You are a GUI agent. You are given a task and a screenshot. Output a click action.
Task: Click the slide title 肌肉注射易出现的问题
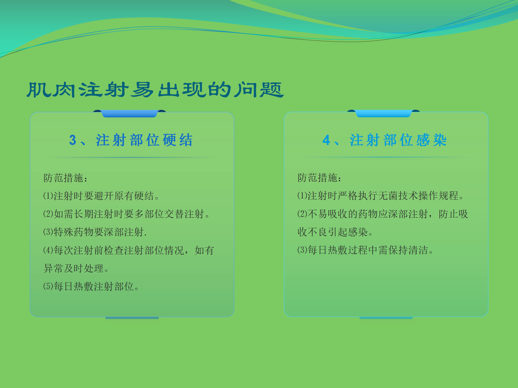pyautogui.click(x=155, y=90)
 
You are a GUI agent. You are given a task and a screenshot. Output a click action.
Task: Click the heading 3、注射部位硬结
pyautogui.click(x=131, y=140)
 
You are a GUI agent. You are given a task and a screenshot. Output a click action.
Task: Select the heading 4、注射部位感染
pyautogui.click(x=385, y=140)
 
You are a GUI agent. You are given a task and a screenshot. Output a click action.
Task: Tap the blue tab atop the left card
pyautogui.click(x=129, y=113)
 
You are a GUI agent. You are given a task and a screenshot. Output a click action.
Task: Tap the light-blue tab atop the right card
pyautogui.click(x=383, y=113)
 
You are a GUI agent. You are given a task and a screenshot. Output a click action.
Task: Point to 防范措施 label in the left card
pyautogui.click(x=65, y=178)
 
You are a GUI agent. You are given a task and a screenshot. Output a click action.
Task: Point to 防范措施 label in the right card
pyautogui.click(x=319, y=178)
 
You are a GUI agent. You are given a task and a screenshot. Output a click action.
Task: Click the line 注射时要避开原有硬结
pyautogui.click(x=101, y=196)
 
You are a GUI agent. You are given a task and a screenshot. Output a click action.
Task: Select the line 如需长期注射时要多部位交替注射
pyautogui.click(x=127, y=214)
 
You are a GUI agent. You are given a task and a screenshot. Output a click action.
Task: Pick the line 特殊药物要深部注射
pyautogui.click(x=95, y=232)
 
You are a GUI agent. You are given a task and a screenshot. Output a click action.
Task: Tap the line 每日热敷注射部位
pyautogui.click(x=91, y=286)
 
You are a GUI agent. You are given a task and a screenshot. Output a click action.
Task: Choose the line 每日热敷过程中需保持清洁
pyautogui.click(x=365, y=250)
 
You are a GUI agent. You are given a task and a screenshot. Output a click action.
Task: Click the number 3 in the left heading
pyautogui.click(x=73, y=140)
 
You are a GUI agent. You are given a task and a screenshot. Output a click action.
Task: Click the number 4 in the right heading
pyautogui.click(x=326, y=140)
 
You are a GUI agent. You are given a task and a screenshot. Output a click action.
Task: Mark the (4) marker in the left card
pyautogui.click(x=48, y=250)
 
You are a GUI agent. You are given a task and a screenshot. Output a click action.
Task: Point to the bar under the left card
pyautogui.click(x=132, y=318)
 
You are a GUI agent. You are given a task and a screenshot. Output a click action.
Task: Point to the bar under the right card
pyautogui.click(x=386, y=318)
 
